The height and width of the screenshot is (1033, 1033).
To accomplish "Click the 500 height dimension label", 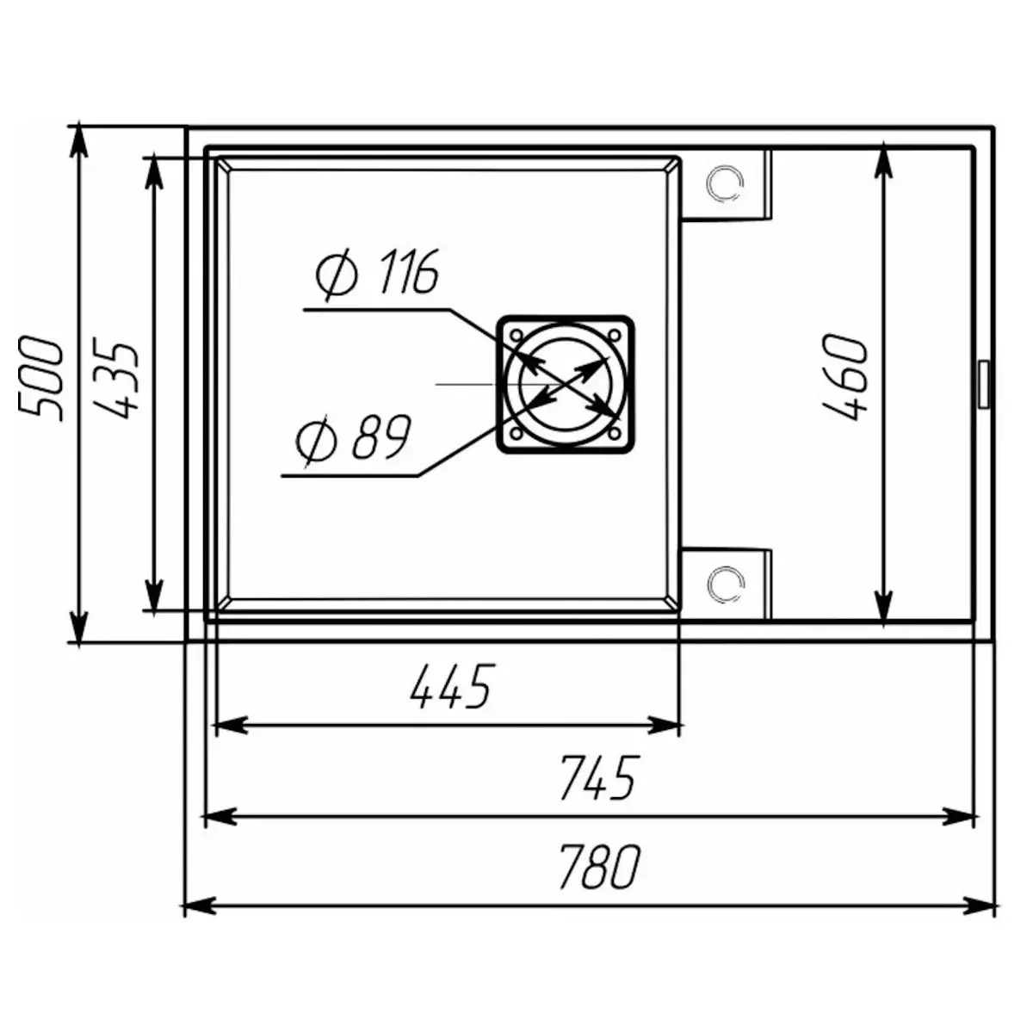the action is pos(40,379).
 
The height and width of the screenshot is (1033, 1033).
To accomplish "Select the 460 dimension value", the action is pos(844,378).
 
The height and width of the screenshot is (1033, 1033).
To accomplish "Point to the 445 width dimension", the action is pos(450,687).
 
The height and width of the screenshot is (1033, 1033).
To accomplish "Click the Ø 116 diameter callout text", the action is pos(377,273).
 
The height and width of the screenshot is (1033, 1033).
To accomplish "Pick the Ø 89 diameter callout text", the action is pos(353,437).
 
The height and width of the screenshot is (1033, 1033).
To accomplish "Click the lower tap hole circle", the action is pos(726,584).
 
